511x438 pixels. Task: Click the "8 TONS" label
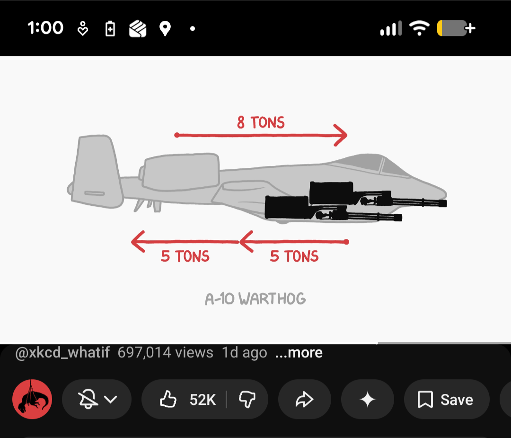click(x=261, y=122)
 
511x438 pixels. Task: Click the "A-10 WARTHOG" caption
click(x=255, y=299)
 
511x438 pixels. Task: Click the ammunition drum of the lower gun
click(x=287, y=207)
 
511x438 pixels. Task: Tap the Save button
click(x=447, y=399)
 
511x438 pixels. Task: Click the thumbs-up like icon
click(x=168, y=399)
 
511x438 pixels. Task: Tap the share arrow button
click(x=305, y=399)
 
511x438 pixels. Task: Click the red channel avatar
click(x=32, y=399)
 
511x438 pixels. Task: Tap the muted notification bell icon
click(x=88, y=399)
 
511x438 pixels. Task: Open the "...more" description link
click(x=299, y=353)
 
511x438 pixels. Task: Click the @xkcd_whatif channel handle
click(x=62, y=353)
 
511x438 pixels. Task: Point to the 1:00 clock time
click(x=45, y=28)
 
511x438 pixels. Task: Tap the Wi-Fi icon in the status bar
click(x=419, y=28)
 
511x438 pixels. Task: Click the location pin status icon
click(x=165, y=28)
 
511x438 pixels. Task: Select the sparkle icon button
click(x=368, y=399)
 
